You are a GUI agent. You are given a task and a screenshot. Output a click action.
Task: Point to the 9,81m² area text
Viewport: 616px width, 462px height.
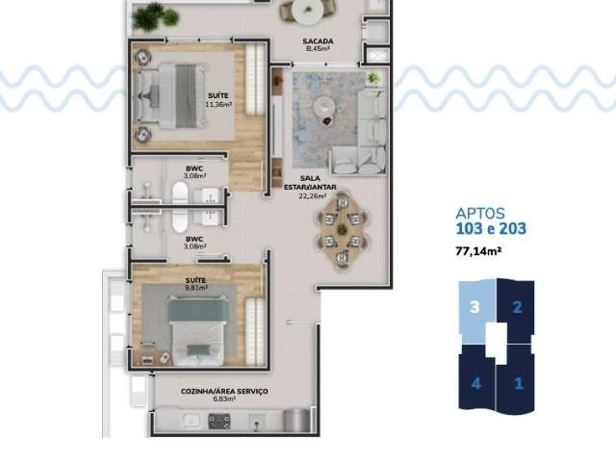tap(195, 286)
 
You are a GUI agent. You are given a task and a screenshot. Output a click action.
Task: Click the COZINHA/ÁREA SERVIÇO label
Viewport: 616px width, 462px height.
tap(224, 391)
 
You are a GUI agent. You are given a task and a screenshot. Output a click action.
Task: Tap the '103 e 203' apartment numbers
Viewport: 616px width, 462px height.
tap(491, 230)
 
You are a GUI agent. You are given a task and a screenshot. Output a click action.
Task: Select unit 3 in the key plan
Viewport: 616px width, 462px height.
tap(474, 308)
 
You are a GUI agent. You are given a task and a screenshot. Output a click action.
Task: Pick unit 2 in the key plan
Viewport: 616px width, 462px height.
tap(516, 308)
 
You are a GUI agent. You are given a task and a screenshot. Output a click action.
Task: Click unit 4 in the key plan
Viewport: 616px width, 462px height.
tap(474, 382)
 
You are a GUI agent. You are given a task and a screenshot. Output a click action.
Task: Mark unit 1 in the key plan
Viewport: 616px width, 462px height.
tap(518, 382)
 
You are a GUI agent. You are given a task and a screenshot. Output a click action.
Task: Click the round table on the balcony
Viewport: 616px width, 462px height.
tap(307, 12)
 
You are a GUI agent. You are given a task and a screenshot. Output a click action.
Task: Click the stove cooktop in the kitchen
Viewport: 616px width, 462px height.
tap(219, 421)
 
